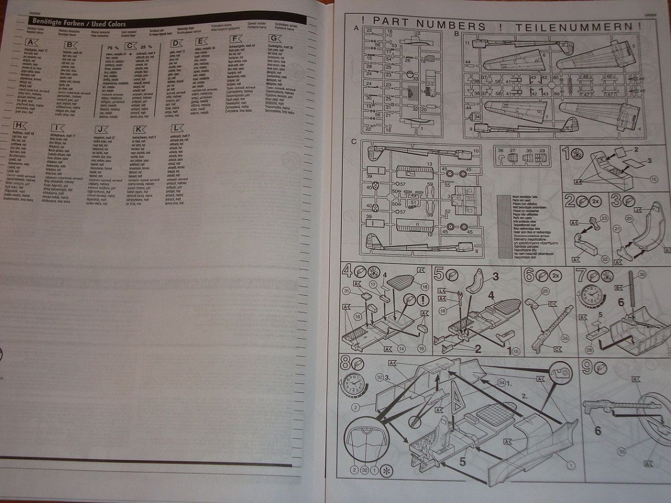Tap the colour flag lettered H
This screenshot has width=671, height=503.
[20, 125]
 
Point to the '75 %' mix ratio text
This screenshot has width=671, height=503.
[113, 47]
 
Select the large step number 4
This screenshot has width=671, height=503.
[347, 269]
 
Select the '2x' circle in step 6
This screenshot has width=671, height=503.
[556, 274]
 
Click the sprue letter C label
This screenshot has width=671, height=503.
[354, 142]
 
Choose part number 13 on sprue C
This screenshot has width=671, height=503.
[428, 165]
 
